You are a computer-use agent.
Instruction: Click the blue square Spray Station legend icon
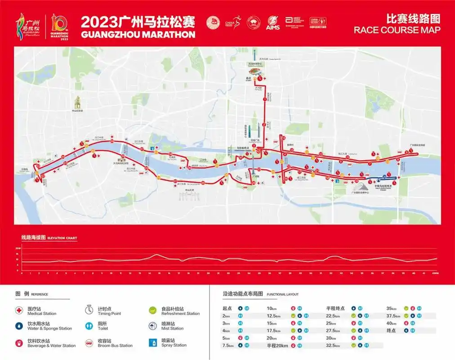coord(152,342)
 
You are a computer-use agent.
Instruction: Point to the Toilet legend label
coord(103,328)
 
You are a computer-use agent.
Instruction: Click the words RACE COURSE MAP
coord(397,30)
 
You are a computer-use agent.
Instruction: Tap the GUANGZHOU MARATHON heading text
coord(138,34)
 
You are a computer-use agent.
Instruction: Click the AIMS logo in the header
coord(273,23)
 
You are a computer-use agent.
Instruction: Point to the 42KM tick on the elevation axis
coord(435,273)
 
